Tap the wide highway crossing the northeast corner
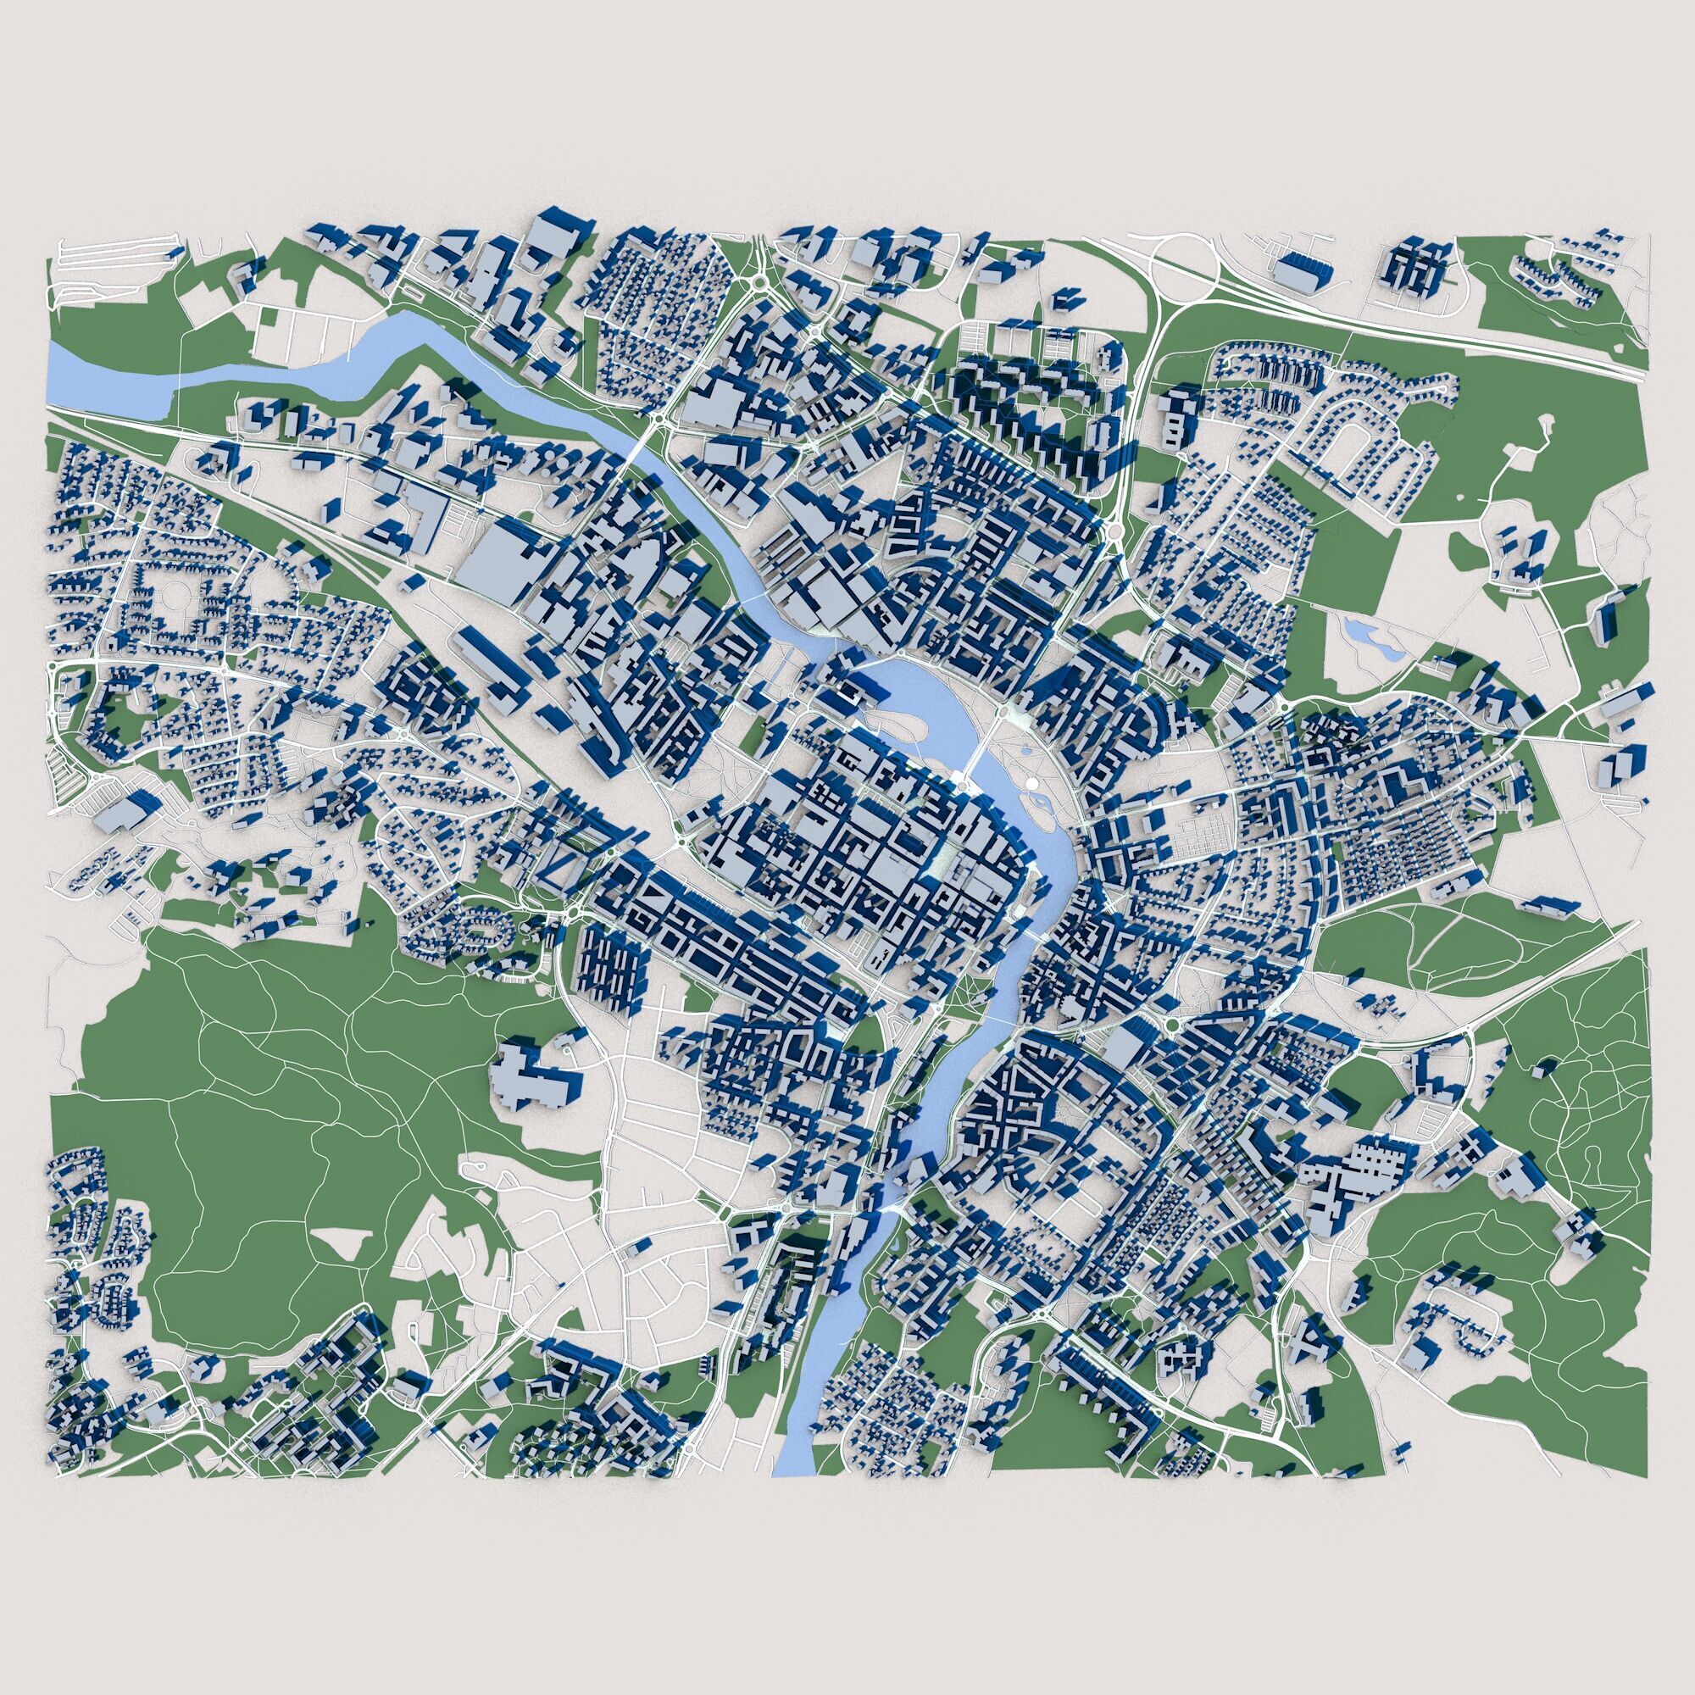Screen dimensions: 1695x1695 pos(1492,325)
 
